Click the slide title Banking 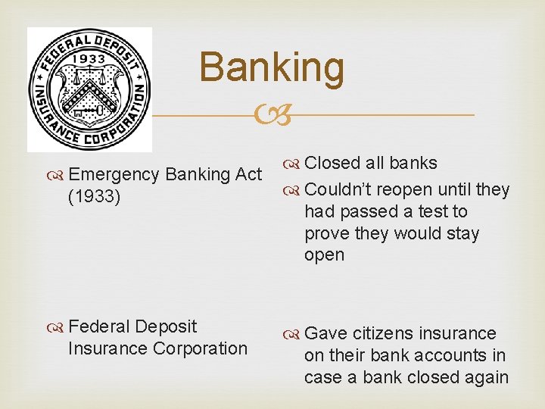272,67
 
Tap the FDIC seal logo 89,89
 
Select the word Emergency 114,174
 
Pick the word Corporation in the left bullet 200,348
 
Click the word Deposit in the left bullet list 165,326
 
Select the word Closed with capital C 332,163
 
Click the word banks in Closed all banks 413,163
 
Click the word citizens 383,333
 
